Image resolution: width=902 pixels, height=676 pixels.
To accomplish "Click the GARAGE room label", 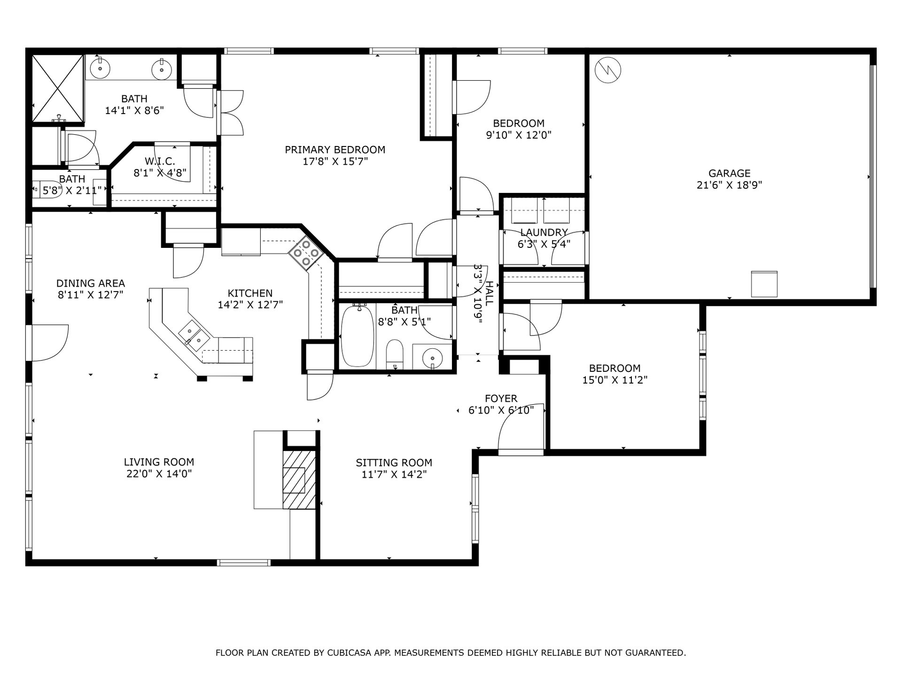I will click(729, 173).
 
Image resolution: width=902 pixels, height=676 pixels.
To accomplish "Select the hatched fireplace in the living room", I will click(299, 479).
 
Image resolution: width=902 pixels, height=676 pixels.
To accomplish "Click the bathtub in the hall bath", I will click(357, 336).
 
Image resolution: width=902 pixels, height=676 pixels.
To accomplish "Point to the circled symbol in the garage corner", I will click(607, 70).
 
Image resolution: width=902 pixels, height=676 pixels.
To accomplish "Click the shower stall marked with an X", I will click(58, 88).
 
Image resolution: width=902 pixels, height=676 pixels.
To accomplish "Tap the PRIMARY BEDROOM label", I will click(335, 150).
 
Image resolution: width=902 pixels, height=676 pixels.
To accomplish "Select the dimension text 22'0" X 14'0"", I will click(159, 474).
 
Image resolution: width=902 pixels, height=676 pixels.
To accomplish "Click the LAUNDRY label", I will click(544, 232).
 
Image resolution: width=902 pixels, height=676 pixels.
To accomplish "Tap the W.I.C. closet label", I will click(160, 161).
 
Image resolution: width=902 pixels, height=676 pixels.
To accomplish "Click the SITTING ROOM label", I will click(394, 462).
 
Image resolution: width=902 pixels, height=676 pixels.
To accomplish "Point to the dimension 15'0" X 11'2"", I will click(614, 380).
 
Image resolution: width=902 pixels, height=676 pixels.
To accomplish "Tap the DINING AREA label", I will click(91, 283).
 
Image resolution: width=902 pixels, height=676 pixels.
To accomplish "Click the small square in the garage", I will click(764, 284).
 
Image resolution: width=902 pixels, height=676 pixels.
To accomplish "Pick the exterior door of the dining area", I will click(49, 343).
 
